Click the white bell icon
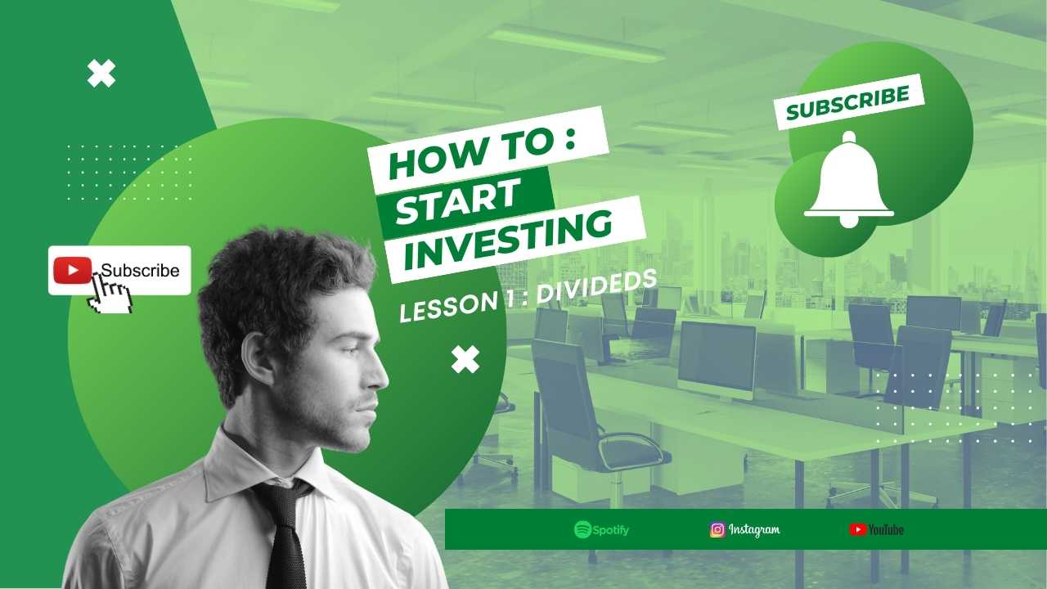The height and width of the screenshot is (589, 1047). pos(849,180)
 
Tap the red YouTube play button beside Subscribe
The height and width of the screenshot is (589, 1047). pos(73,270)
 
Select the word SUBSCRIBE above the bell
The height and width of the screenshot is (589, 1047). pos(848,102)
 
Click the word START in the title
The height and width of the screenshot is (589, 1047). pos(457,202)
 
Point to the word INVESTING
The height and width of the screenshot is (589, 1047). pos(508,240)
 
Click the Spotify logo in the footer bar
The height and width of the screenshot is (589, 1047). pos(601,529)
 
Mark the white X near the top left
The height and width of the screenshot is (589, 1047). pos(101,74)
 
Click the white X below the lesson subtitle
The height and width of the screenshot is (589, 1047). pos(465,359)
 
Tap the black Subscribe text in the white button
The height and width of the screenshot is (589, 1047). pos(140,271)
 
